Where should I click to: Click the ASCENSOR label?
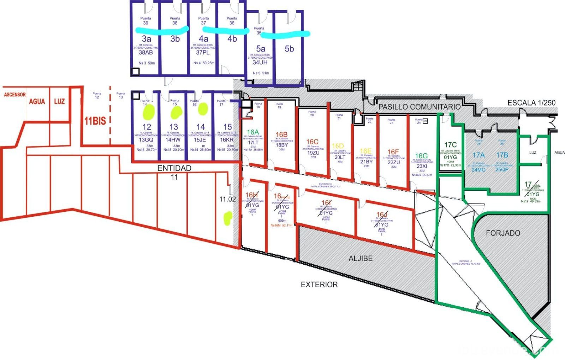pyautogui.click(x=14, y=95)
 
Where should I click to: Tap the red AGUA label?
pyautogui.click(x=37, y=102)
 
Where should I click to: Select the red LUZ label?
pyautogui.click(x=59, y=101)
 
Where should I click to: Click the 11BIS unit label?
pyautogui.click(x=95, y=121)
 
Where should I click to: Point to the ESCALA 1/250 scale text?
pyautogui.click(x=531, y=103)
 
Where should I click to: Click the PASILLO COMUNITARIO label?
pyautogui.click(x=419, y=107)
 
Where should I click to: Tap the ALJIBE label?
pyautogui.click(x=361, y=258)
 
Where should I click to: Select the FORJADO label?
pyautogui.click(x=503, y=233)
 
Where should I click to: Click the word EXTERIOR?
pyautogui.click(x=319, y=284)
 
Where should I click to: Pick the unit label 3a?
pyautogui.click(x=147, y=38)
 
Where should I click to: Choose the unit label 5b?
pyautogui.click(x=289, y=49)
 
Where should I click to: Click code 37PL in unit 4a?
pyautogui.click(x=203, y=53)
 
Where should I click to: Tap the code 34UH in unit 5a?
pyautogui.click(x=260, y=62)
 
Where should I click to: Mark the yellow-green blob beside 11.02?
pyautogui.click(x=228, y=218)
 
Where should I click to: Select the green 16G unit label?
pyautogui.click(x=421, y=156)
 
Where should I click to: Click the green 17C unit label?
pyautogui.click(x=450, y=145)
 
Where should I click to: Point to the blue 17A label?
pyautogui.click(x=478, y=155)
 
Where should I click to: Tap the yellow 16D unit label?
pyautogui.click(x=338, y=146)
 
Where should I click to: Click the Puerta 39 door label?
pyautogui.click(x=145, y=20)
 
